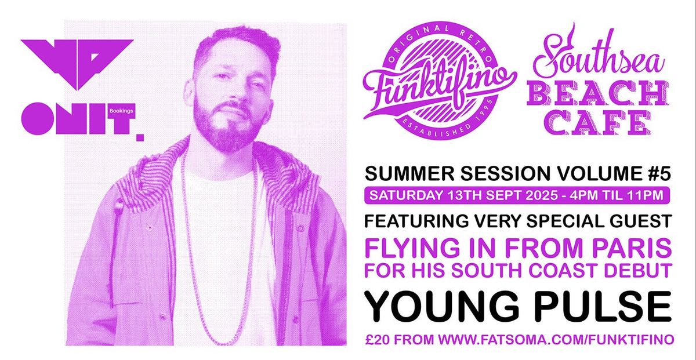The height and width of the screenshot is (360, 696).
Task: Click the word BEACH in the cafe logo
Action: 597,95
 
